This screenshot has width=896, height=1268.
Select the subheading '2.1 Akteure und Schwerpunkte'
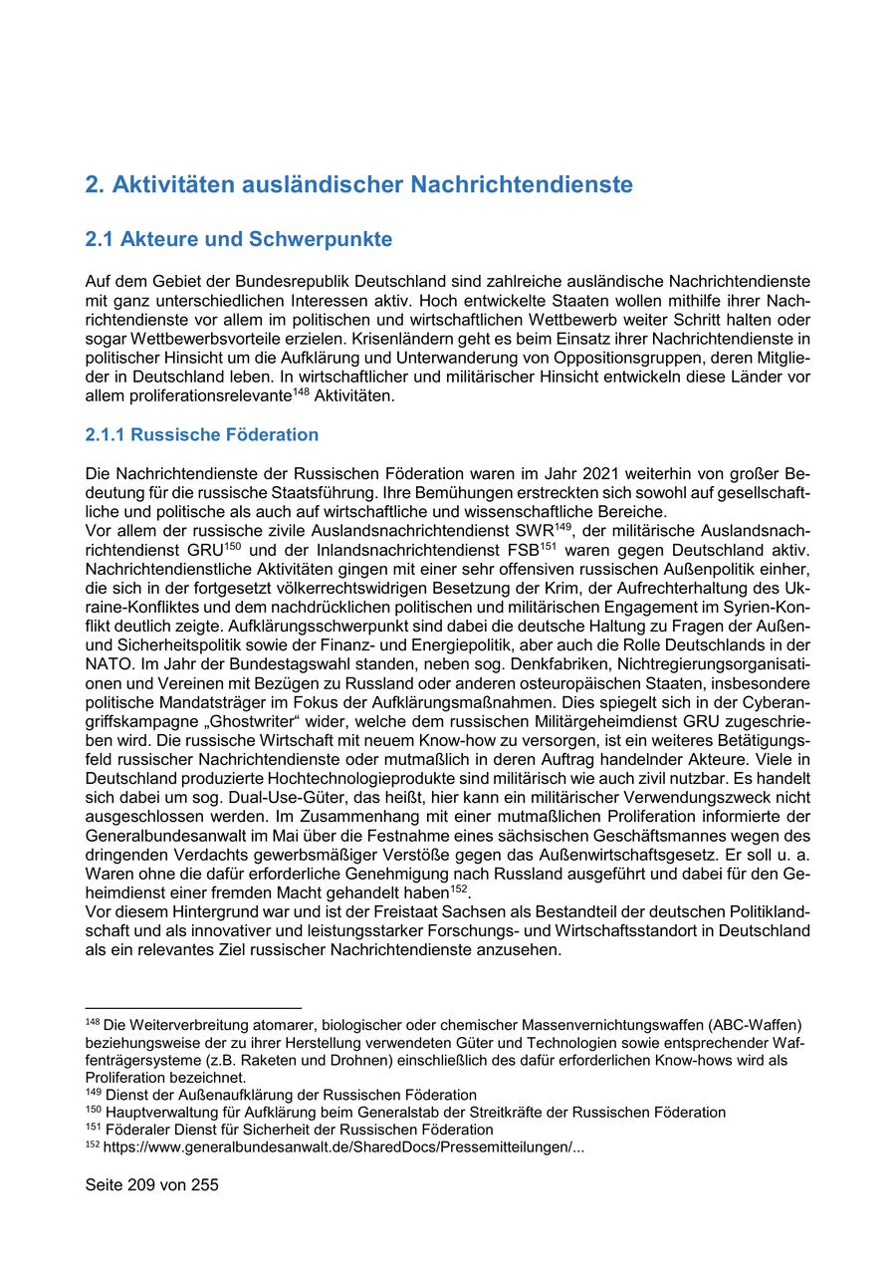(239, 240)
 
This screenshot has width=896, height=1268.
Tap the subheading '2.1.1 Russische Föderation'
(202, 434)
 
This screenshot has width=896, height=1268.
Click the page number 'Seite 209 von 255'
(152, 1185)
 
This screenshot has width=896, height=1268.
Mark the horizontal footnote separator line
(193, 1008)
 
